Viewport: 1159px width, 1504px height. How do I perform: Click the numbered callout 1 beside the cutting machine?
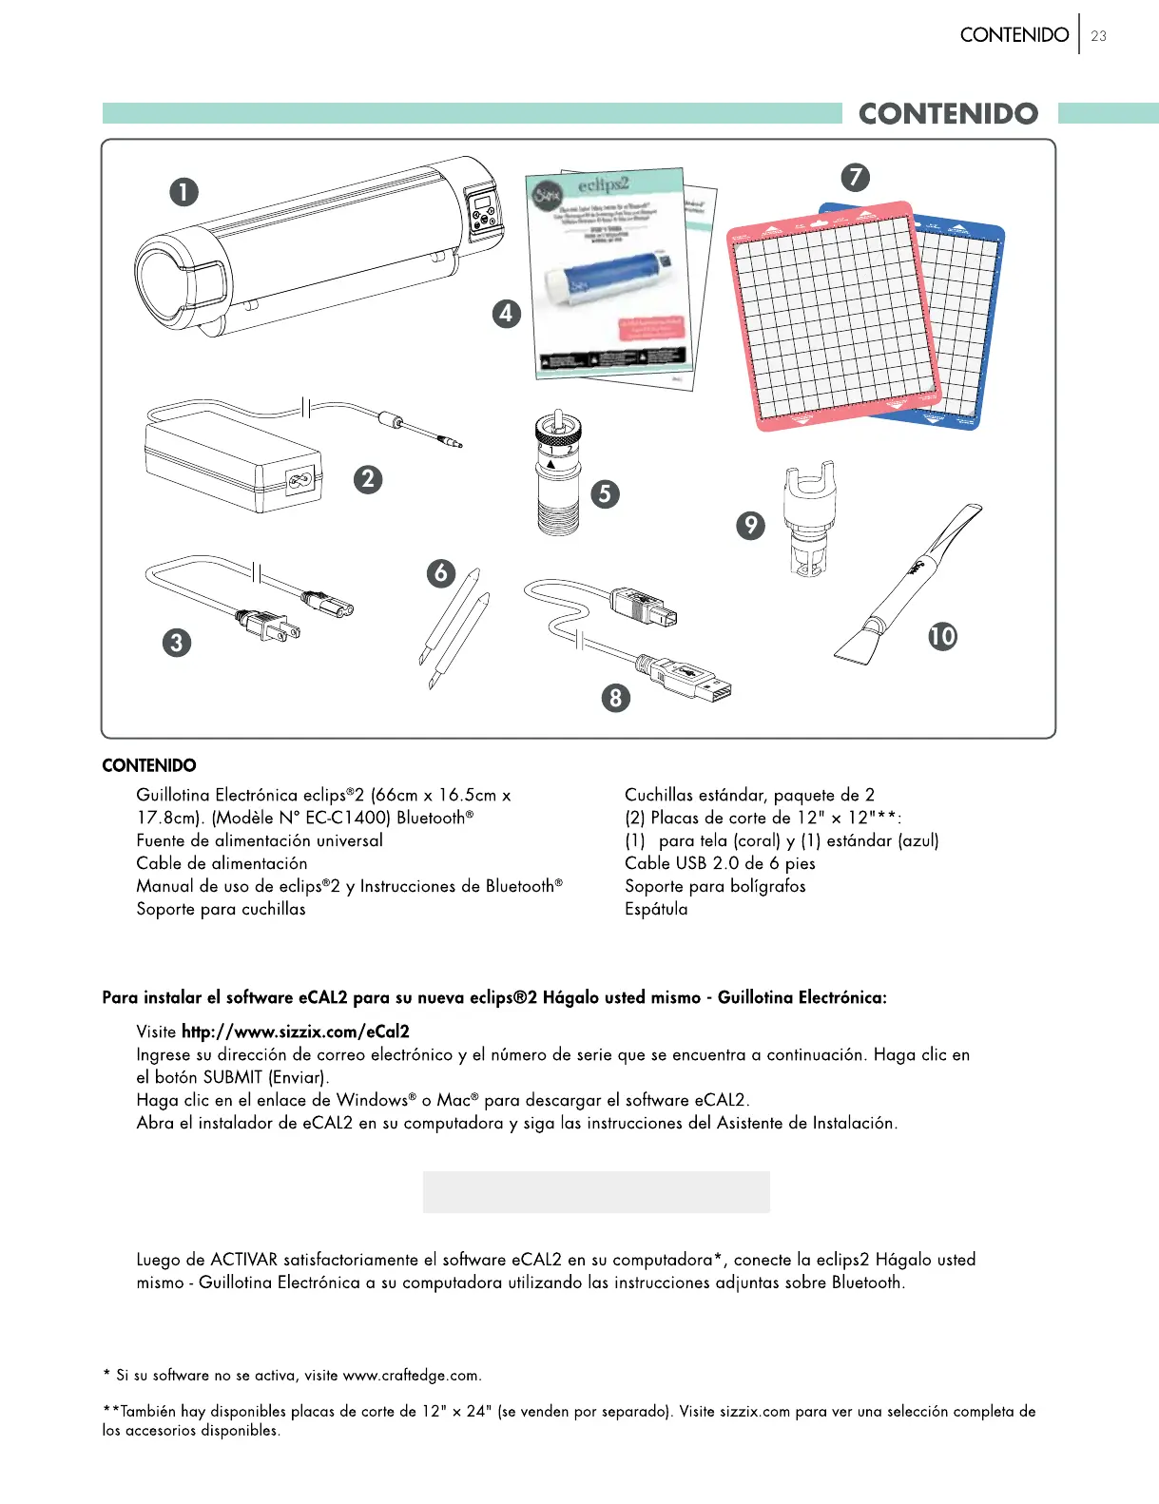184,192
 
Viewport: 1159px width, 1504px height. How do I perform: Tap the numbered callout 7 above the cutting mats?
855,177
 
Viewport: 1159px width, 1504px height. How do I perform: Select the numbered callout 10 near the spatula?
942,636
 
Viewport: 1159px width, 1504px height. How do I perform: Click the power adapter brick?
233,466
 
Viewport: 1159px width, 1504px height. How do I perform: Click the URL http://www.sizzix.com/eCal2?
296,1032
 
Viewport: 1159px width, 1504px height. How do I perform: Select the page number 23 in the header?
1099,36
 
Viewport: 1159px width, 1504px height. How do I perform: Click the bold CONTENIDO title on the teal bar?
948,114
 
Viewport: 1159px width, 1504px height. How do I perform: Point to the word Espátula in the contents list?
656,909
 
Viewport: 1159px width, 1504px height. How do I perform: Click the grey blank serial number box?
596,1191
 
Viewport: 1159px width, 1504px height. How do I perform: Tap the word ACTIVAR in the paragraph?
244,1260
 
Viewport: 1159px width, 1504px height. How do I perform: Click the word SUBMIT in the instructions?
233,1077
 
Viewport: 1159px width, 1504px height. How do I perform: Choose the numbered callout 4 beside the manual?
506,313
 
